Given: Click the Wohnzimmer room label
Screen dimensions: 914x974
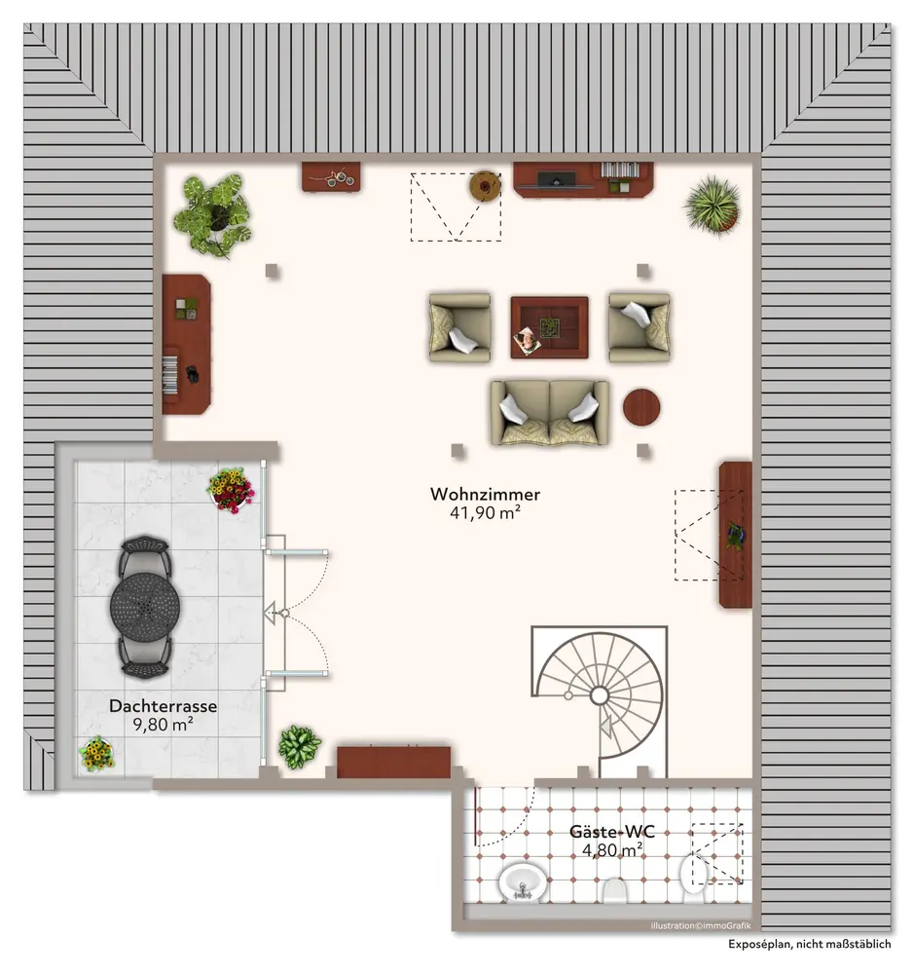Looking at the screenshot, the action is pyautogui.click(x=485, y=494).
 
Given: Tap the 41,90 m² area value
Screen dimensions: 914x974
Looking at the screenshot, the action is pyautogui.click(x=485, y=512).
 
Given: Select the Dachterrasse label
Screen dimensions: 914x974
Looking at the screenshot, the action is pyautogui.click(x=163, y=705).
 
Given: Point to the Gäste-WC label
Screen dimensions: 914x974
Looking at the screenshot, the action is pyautogui.click(x=612, y=832).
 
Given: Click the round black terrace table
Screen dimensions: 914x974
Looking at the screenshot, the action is pyautogui.click(x=145, y=607).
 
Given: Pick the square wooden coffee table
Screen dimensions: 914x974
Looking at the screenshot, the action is pyautogui.click(x=550, y=327).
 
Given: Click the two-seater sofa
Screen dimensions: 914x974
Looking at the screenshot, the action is pyautogui.click(x=550, y=413).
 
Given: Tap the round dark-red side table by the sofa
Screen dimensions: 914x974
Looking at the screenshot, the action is pyautogui.click(x=641, y=407).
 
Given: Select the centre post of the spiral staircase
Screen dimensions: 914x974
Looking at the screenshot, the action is pyautogui.click(x=600, y=695).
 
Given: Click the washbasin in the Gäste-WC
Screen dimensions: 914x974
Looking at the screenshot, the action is pyautogui.click(x=523, y=882).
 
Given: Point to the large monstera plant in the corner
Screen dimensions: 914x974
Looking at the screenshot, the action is pyautogui.click(x=213, y=214).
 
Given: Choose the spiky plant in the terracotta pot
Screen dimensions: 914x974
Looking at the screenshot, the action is pyautogui.click(x=713, y=206).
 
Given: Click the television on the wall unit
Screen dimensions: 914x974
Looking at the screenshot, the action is pyautogui.click(x=556, y=180).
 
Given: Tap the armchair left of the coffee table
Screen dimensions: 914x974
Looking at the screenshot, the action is pyautogui.click(x=459, y=327).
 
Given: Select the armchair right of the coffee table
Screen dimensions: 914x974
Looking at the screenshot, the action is pyautogui.click(x=640, y=327).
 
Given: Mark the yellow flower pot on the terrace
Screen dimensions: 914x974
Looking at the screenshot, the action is pyautogui.click(x=97, y=754).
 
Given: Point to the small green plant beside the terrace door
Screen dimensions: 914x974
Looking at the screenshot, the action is pyautogui.click(x=299, y=746).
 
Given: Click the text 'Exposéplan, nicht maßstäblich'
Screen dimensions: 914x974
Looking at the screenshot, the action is pyautogui.click(x=810, y=944).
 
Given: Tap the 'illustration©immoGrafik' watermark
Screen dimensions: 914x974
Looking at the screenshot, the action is pyautogui.click(x=701, y=925).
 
